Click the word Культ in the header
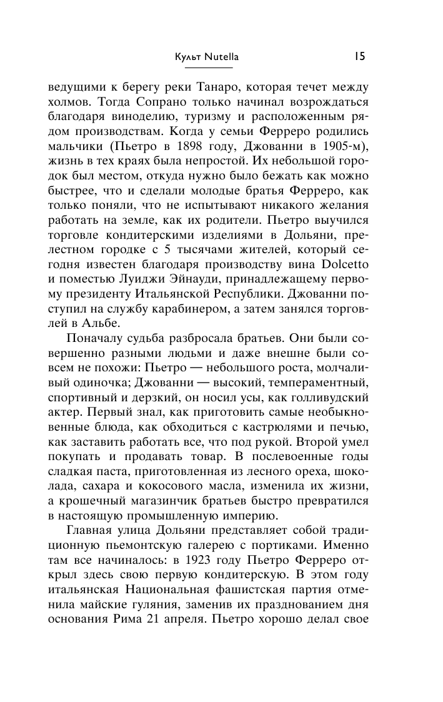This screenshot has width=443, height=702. coord(188,57)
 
